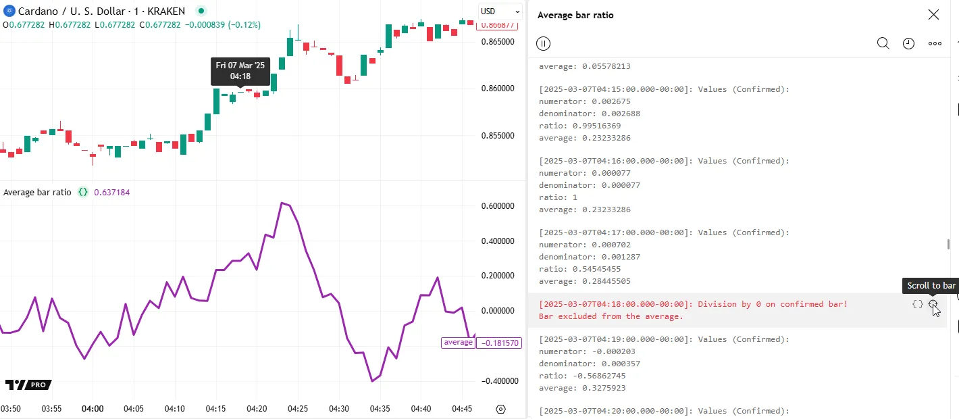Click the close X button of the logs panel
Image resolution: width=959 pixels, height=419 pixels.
pyautogui.click(x=933, y=15)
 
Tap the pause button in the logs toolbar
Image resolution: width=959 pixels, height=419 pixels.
pyautogui.click(x=543, y=44)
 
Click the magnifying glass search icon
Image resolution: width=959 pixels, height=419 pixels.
pyautogui.click(x=883, y=44)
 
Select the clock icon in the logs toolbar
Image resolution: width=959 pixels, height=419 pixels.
pyautogui.click(x=908, y=44)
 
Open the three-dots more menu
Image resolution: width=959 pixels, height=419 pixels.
pyautogui.click(x=935, y=44)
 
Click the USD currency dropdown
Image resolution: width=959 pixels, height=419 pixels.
pyautogui.click(x=500, y=11)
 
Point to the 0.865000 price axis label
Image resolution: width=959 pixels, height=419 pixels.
pyautogui.click(x=498, y=42)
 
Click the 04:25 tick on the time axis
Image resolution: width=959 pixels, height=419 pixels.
pyautogui.click(x=298, y=409)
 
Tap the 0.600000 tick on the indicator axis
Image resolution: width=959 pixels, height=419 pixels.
pyautogui.click(x=499, y=206)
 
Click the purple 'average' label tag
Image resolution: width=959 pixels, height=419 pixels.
pyautogui.click(x=458, y=343)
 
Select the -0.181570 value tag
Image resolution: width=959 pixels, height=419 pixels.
pyautogui.click(x=499, y=343)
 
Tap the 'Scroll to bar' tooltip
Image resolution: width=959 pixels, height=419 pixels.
pyautogui.click(x=931, y=286)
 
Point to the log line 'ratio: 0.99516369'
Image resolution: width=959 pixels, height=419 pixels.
pyautogui.click(x=579, y=126)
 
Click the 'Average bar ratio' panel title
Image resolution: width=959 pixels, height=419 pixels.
pyautogui.click(x=575, y=15)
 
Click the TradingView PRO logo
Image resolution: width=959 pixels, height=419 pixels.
pyautogui.click(x=28, y=385)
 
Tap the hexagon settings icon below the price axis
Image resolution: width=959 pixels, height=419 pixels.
pyautogui.click(x=500, y=409)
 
